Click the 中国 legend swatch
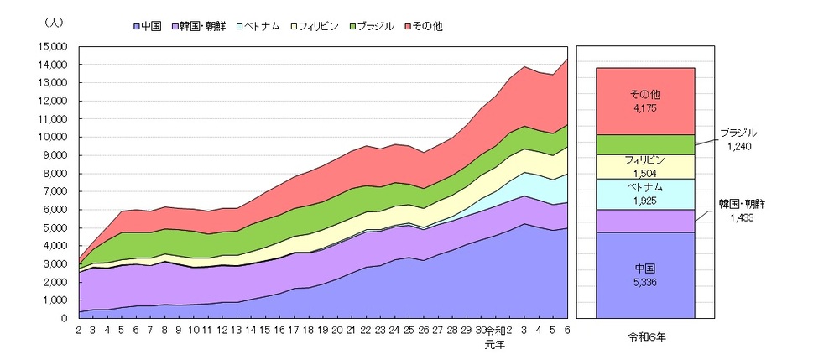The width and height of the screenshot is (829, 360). coord(137,26)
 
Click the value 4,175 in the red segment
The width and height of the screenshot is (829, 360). coord(645,107)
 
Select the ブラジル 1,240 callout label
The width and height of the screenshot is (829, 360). coord(738,138)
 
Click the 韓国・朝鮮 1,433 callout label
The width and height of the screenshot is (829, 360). coord(738,210)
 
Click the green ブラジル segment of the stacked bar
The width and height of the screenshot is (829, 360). coord(645,144)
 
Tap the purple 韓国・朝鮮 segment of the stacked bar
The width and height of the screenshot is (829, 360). coord(645,221)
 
